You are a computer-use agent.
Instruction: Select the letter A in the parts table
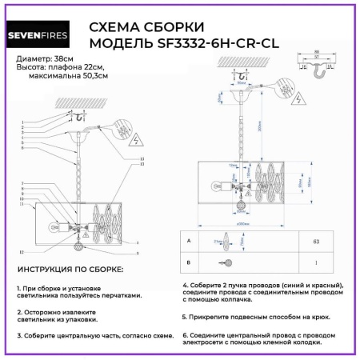[x=187, y=240]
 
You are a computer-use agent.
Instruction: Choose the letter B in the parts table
[x=187, y=262]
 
